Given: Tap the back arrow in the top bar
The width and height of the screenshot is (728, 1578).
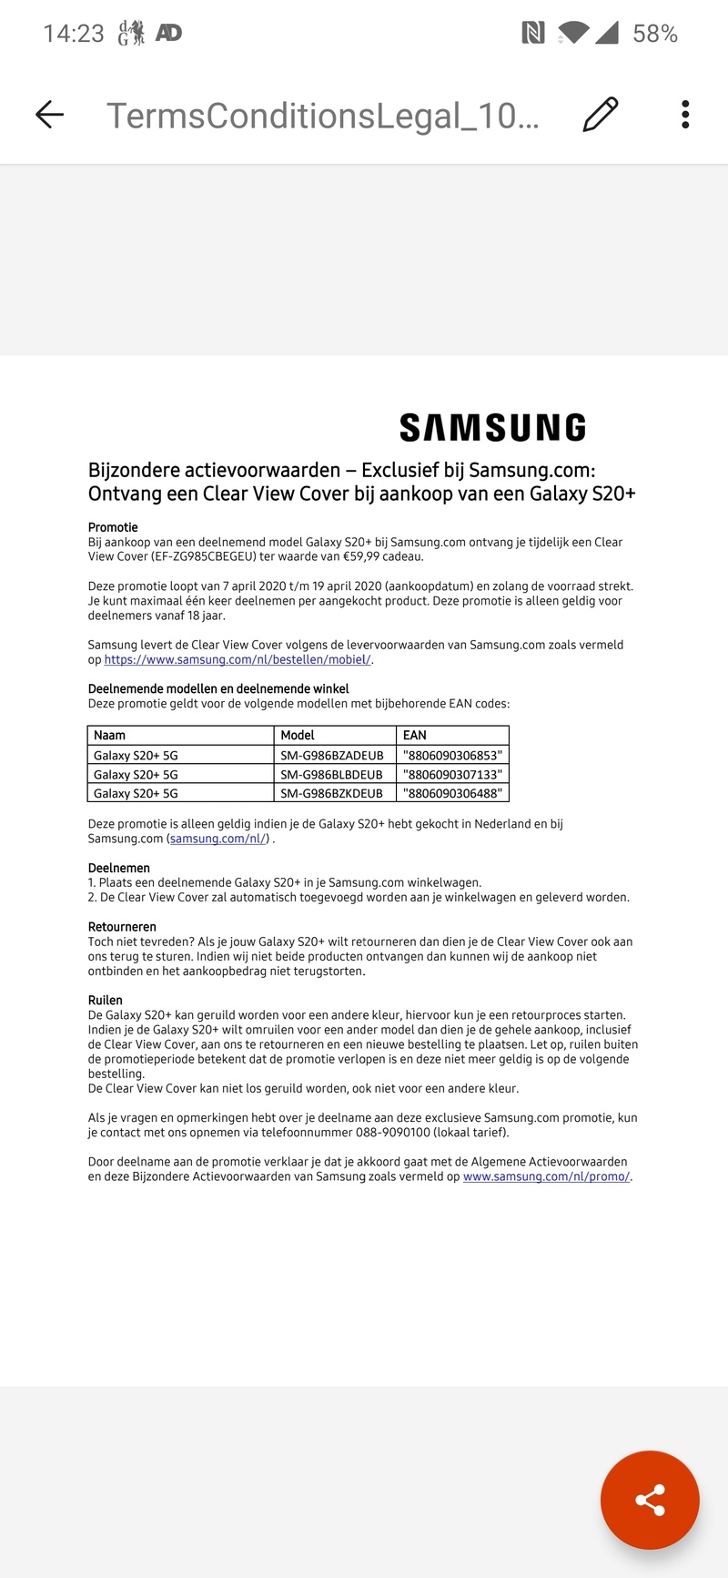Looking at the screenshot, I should point(49,115).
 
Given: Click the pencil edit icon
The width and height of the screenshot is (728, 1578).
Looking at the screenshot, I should point(600,115).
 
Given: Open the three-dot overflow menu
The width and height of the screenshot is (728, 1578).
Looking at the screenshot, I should point(685,115).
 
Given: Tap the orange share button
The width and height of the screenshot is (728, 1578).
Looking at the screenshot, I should point(650,1500).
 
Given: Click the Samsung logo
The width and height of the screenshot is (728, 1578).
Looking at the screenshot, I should point(492,428).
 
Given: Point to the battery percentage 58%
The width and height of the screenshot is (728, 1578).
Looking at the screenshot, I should point(655,34).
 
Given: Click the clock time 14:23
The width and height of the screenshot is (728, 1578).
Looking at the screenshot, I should point(74,34).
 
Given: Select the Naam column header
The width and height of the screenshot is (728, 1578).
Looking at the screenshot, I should point(110,735).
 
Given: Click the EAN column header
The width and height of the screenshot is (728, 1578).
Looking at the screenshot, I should point(415,735).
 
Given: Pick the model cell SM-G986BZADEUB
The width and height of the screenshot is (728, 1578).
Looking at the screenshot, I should point(332,755).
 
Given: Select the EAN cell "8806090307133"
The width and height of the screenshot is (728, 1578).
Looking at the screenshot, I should point(452,774).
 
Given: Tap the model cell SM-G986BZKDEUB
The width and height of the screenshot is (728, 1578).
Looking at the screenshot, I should point(332,793).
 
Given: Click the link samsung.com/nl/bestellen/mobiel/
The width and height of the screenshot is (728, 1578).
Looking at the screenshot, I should point(238,659).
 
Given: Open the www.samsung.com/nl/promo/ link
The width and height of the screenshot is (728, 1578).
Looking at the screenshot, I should point(546,1176).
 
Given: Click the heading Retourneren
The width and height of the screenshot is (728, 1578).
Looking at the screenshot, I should point(123,927).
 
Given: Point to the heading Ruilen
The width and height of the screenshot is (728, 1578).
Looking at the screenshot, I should point(106,1000).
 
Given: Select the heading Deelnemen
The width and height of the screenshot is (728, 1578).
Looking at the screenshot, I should point(119,868).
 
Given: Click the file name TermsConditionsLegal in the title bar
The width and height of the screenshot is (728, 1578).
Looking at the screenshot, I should point(323,116).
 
